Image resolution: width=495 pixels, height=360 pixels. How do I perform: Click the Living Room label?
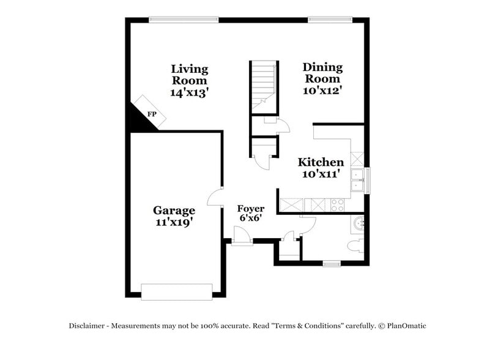pos(190,75)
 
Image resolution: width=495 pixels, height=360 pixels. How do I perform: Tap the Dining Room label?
pos(322,73)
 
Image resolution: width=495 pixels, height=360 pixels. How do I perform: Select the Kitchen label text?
pos(321,162)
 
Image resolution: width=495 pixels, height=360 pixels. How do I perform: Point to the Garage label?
pos(174,211)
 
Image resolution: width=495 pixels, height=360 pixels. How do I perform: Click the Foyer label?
pos(251,209)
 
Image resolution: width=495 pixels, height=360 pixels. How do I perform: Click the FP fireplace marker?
pos(151,114)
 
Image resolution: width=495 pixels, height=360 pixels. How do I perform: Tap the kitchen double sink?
pos(357,178)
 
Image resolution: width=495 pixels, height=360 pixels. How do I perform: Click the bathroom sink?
pos(359,223)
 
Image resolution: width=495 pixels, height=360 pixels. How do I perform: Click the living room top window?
pos(184,19)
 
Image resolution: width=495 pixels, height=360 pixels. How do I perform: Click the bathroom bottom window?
pos(331,264)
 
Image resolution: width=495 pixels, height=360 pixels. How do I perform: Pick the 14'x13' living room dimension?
pos(190,92)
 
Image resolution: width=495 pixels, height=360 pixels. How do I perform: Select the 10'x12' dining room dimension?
pos(322,90)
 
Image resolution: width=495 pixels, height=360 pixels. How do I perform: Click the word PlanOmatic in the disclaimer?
pos(404,326)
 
